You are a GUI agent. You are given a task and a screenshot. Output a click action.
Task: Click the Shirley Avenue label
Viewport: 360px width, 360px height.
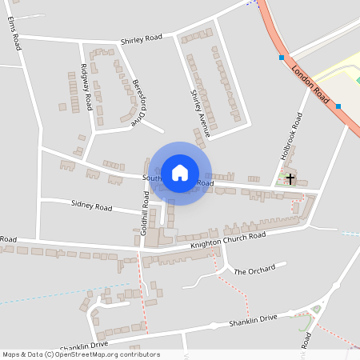click(x=199, y=113)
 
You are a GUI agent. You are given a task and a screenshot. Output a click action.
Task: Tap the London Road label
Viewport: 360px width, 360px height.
click(x=311, y=82)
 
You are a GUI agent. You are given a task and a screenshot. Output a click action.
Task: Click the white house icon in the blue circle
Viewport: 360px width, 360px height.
click(x=180, y=173)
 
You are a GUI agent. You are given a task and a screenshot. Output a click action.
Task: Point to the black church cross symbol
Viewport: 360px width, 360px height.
click(x=289, y=178)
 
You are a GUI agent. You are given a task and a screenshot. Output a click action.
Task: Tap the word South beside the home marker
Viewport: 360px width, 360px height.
click(x=152, y=178)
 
